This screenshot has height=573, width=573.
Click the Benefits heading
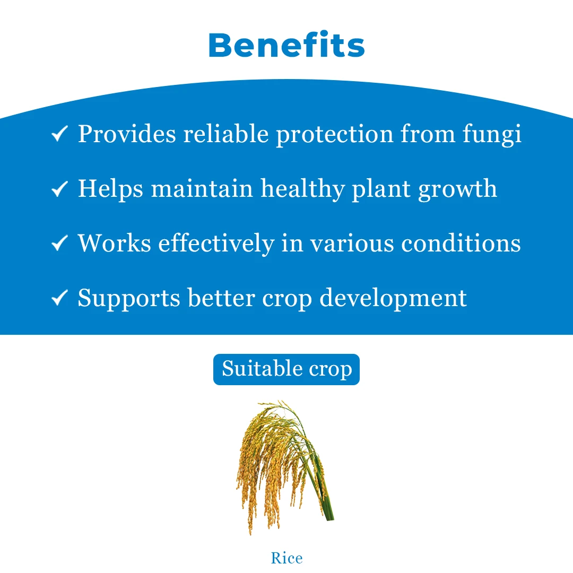(286, 46)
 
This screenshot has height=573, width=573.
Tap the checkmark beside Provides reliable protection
(59, 134)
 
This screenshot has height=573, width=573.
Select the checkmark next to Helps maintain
(59, 189)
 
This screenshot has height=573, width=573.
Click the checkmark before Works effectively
(59, 244)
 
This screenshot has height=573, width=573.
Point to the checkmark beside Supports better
(59, 298)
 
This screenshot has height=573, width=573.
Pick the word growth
(457, 189)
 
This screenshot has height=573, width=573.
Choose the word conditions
(461, 243)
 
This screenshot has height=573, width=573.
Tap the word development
(393, 298)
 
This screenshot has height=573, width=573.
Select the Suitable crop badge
(286, 369)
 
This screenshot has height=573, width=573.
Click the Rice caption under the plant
(286, 558)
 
